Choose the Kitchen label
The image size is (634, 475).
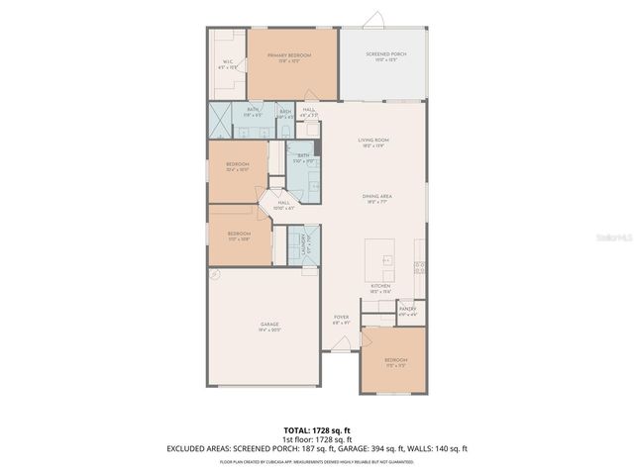click(x=381, y=288)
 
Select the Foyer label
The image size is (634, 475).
click(x=340, y=320)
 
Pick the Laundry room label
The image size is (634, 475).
click(x=294, y=248)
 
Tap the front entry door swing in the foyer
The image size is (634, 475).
click(x=342, y=346)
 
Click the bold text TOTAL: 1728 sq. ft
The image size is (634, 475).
click(x=317, y=430)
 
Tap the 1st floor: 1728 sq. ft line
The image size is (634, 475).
click(x=317, y=439)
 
